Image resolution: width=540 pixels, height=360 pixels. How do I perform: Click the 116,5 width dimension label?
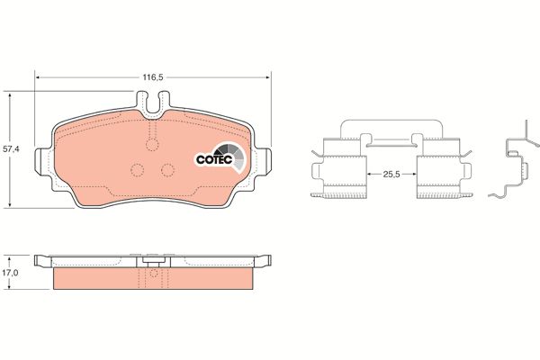tap(153, 77)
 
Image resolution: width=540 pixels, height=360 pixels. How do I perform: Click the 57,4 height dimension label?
tap(12, 149)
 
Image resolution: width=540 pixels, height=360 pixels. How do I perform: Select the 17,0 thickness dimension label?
tap(10, 273)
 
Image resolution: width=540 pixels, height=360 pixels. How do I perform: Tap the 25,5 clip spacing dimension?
tap(391, 175)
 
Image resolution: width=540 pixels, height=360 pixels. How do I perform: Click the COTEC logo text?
tap(215, 159)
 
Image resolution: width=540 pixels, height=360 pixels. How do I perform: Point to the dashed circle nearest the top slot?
tap(153, 144)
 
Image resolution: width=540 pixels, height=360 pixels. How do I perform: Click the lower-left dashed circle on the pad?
tap(138, 170)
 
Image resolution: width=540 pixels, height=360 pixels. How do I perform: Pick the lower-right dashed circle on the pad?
tap(167, 170)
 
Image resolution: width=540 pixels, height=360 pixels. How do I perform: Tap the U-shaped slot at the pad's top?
tap(153, 103)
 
